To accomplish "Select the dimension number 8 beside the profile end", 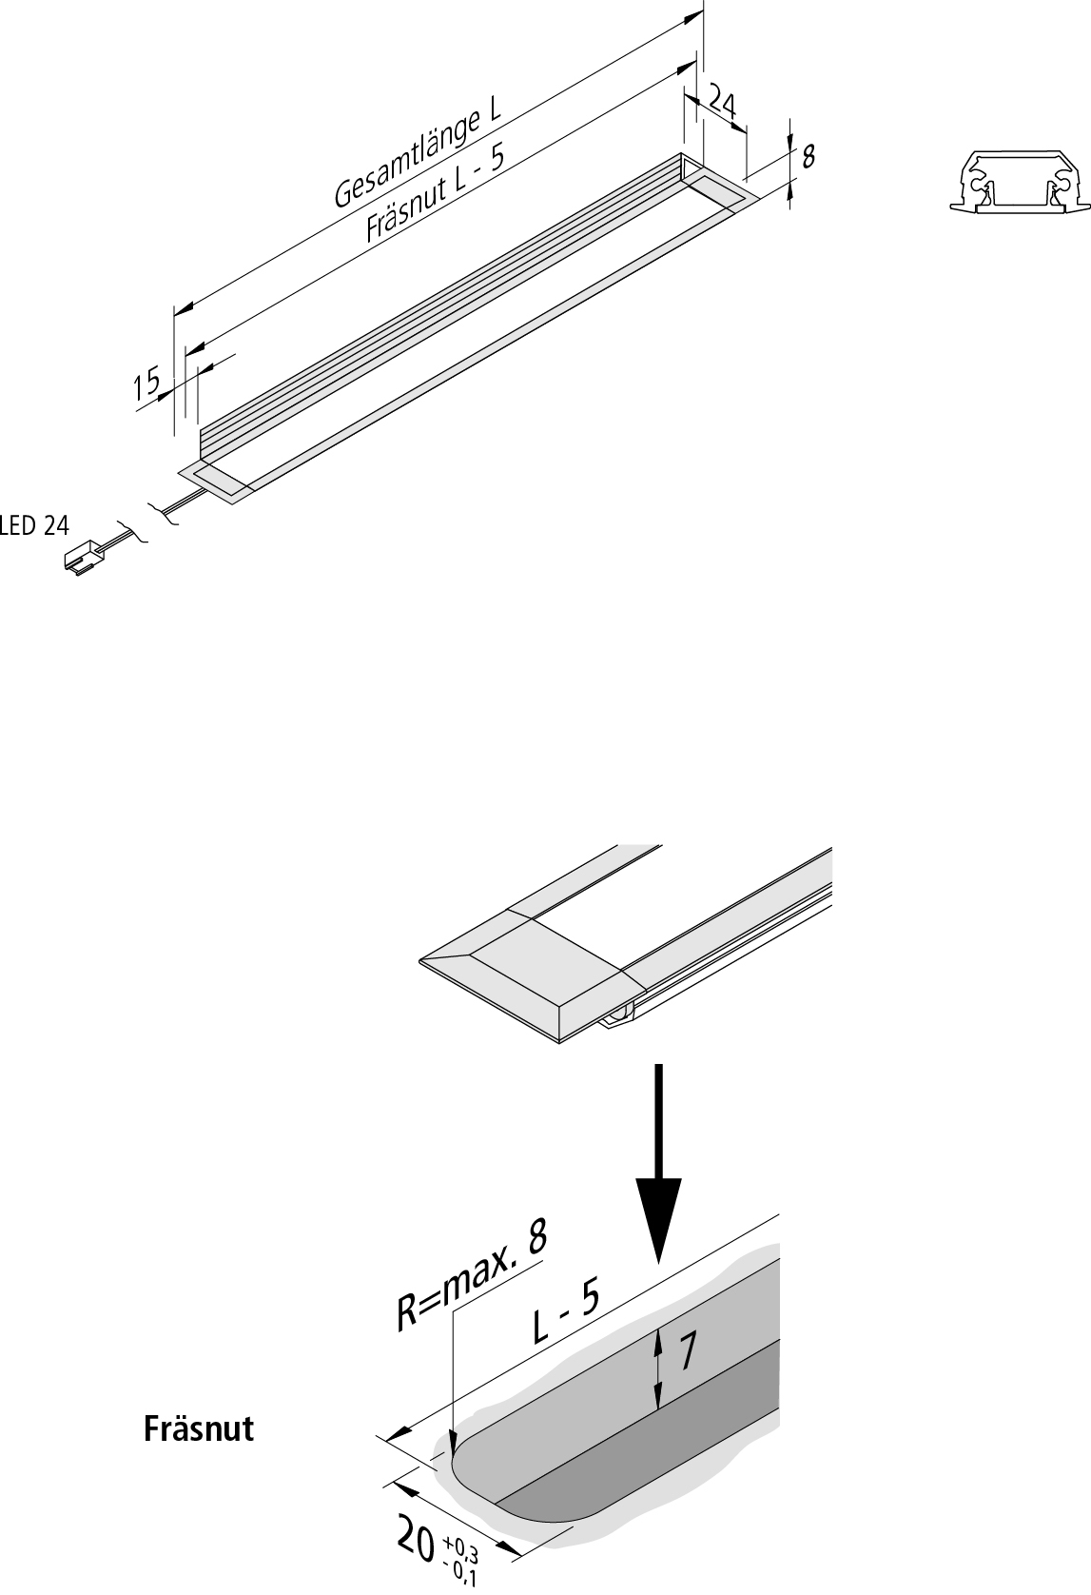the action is [808, 156].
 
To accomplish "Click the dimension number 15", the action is [146, 385].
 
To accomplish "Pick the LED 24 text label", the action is [35, 525].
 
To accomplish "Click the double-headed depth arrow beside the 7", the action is [658, 1368].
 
